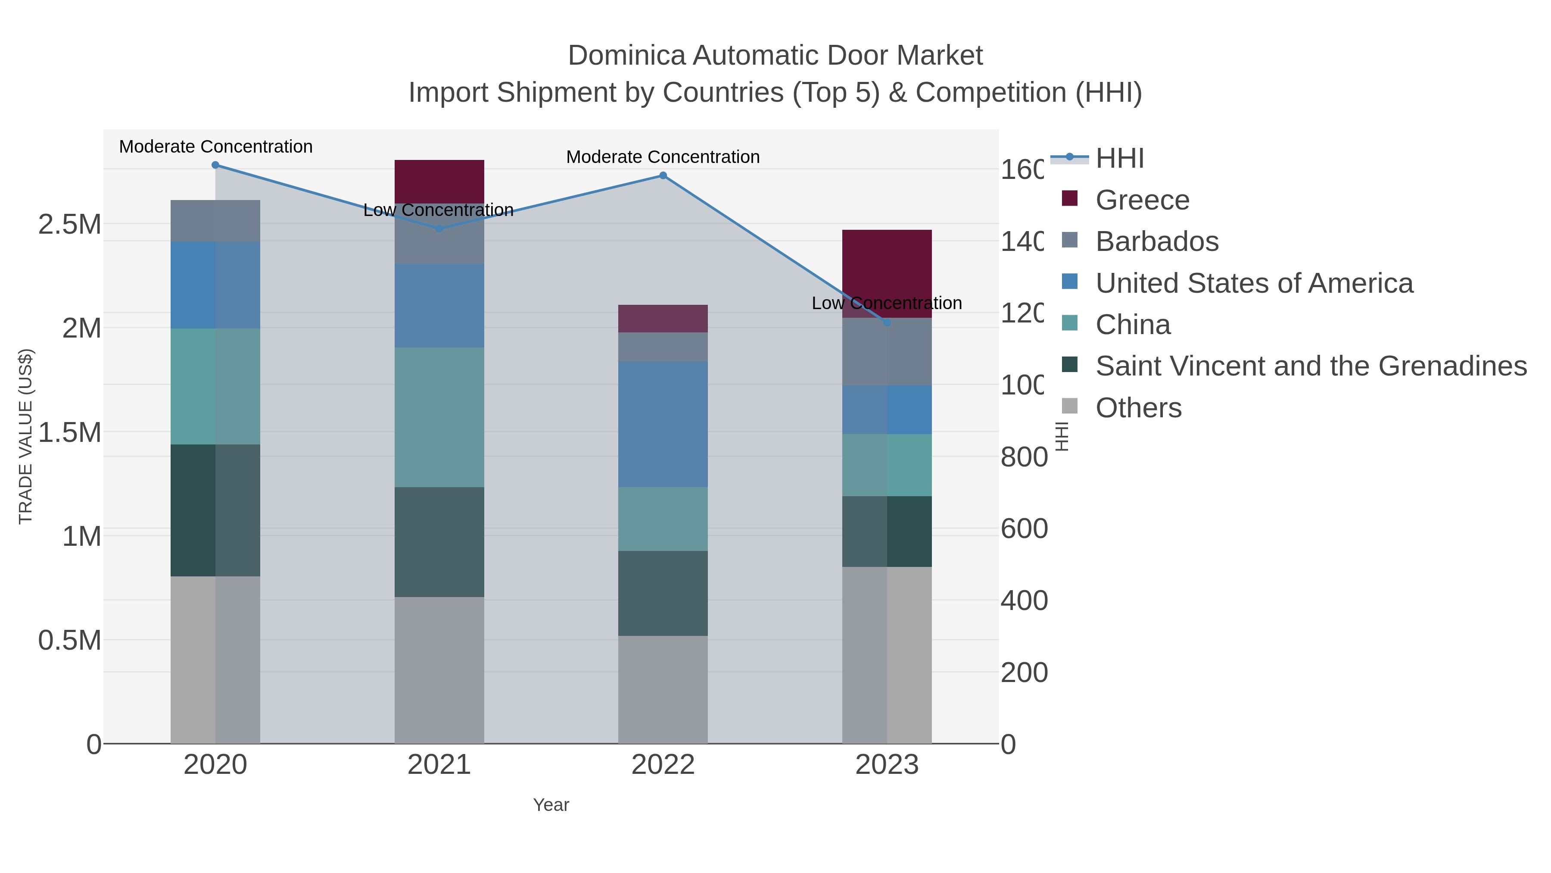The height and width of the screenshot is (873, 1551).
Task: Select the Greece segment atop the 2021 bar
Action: [x=439, y=181]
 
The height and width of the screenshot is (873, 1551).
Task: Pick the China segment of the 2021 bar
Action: [x=439, y=417]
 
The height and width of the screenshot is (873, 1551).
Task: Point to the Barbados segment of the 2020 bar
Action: [x=215, y=220]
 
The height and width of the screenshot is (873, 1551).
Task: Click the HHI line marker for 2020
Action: [x=215, y=165]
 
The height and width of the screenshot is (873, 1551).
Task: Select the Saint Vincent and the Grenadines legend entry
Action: [x=1310, y=366]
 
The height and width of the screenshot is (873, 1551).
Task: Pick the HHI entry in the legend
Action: [x=1119, y=159]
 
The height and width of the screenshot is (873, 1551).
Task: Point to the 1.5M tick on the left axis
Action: [x=70, y=432]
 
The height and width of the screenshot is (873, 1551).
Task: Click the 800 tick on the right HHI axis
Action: [x=1024, y=457]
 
